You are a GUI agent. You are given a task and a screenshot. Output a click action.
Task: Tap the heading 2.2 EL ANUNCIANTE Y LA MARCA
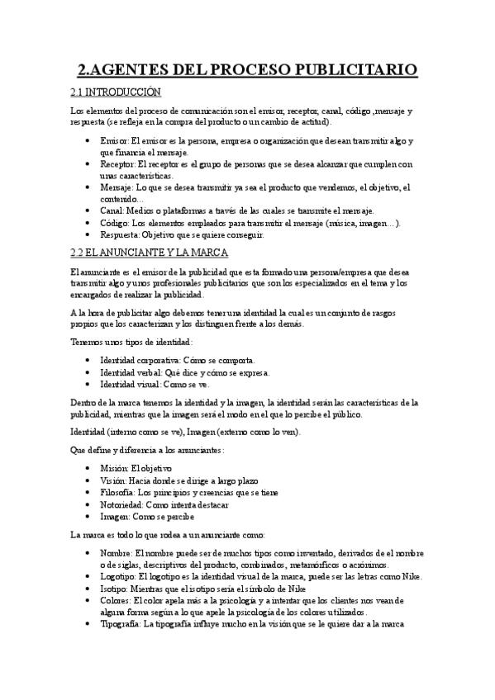coord(150,252)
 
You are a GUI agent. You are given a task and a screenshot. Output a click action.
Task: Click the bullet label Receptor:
coord(117,164)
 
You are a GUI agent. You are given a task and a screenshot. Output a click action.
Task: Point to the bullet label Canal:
coord(112,210)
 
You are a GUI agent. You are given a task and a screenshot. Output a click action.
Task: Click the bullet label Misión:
coord(115,468)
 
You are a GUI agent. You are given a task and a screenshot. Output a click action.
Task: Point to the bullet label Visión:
coord(114,480)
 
